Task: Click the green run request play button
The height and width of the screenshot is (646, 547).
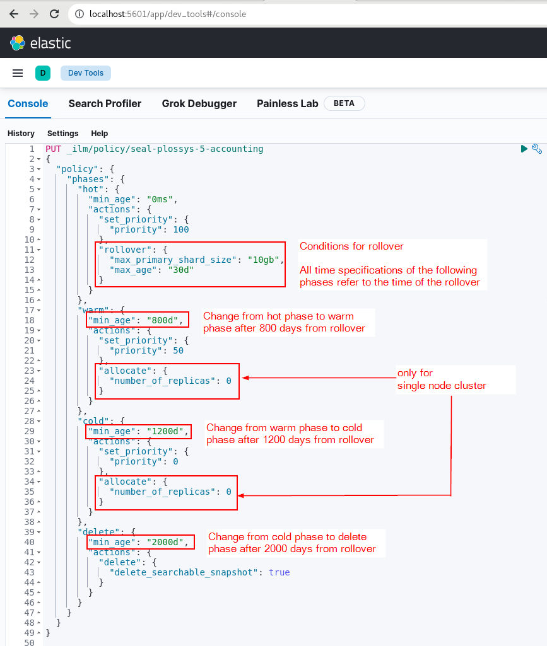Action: pos(524,149)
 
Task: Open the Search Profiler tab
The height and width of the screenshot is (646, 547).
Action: pos(105,103)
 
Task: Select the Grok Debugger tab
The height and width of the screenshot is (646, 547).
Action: pos(199,103)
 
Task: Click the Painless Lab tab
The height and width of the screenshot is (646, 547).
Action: pos(287,103)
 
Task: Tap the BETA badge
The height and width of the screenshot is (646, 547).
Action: pos(344,103)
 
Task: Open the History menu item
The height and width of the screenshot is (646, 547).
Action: pos(21,134)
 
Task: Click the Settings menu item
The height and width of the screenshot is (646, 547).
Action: pos(62,134)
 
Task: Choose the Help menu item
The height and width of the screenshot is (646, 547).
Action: pos(99,134)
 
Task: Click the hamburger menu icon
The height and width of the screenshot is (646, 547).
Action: pos(18,73)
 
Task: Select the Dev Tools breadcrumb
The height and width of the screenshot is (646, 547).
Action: pos(86,73)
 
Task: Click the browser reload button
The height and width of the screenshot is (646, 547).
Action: pos(54,13)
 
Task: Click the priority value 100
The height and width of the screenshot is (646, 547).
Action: pos(180,229)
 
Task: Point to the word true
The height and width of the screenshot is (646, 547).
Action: pos(279,572)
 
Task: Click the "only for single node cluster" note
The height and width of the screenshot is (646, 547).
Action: pos(442,379)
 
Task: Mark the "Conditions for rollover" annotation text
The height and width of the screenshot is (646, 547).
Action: pos(351,246)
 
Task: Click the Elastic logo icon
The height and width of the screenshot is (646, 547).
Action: pos(18,43)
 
